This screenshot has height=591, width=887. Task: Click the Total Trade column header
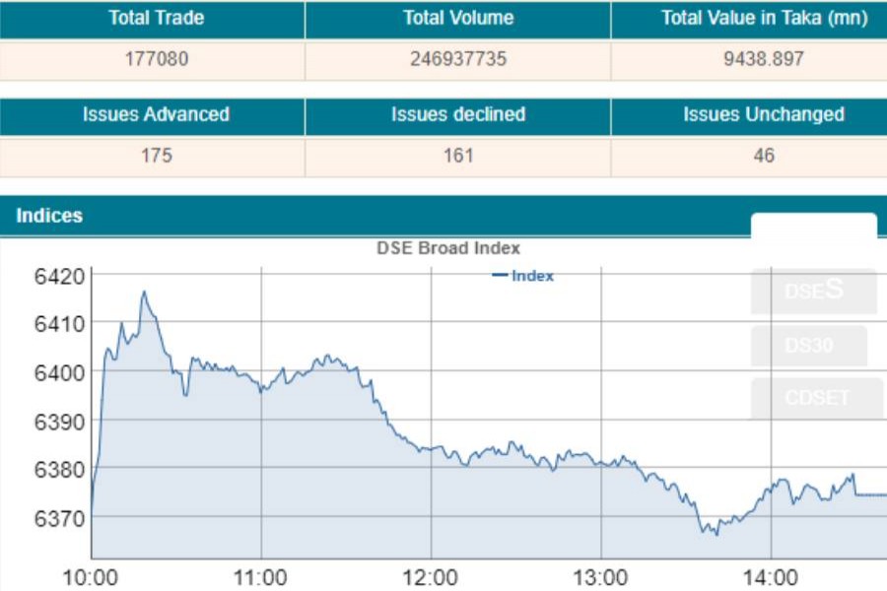coord(156,18)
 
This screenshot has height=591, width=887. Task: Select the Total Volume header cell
coord(458,18)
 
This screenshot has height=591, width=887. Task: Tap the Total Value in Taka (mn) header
coord(764,18)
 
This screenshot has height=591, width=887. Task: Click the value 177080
coord(156,59)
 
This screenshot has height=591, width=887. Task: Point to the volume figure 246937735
coord(458,59)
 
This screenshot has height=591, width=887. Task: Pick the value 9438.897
coord(764,59)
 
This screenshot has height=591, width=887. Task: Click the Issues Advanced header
coord(156,114)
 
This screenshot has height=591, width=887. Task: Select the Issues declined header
coord(458,114)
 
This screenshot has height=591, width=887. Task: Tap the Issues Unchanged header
coord(764,114)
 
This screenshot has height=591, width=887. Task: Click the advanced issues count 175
coord(156,156)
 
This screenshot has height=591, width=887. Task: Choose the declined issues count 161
coord(458,156)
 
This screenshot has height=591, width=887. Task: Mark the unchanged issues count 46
coord(764,156)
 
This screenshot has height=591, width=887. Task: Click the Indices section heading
coord(49,216)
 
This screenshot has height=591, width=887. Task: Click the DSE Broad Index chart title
coord(448,248)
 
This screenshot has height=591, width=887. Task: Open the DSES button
coord(814,291)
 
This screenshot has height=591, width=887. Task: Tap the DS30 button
coord(809,346)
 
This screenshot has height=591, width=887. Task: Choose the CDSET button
coord(816,398)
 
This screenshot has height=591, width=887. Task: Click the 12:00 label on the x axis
coord(431,576)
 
